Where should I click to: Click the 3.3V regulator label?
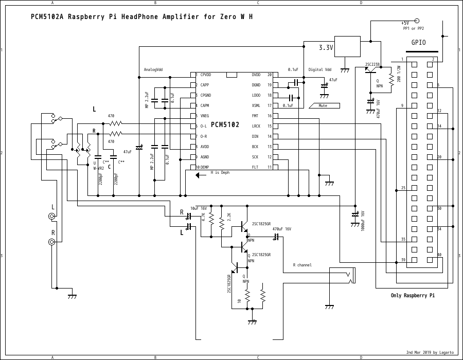[x=326, y=47]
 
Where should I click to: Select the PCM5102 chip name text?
[x=225, y=125]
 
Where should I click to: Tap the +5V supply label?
[x=405, y=23]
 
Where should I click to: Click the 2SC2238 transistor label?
[x=372, y=65]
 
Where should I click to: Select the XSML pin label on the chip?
[x=256, y=105]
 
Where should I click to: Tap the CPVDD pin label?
[x=206, y=75]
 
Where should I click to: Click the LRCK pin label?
[x=256, y=126]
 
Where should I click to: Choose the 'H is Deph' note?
[x=220, y=173]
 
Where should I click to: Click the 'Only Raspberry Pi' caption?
[x=413, y=296]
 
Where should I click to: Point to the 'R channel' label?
[x=302, y=265]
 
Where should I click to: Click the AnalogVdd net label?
[x=153, y=69]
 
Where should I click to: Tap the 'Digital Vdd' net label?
[x=320, y=69]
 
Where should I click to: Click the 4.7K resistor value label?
[x=204, y=218]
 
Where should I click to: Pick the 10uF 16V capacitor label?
[x=198, y=208]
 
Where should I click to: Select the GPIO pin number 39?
[x=403, y=260]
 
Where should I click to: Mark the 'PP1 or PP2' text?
[x=413, y=29]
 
